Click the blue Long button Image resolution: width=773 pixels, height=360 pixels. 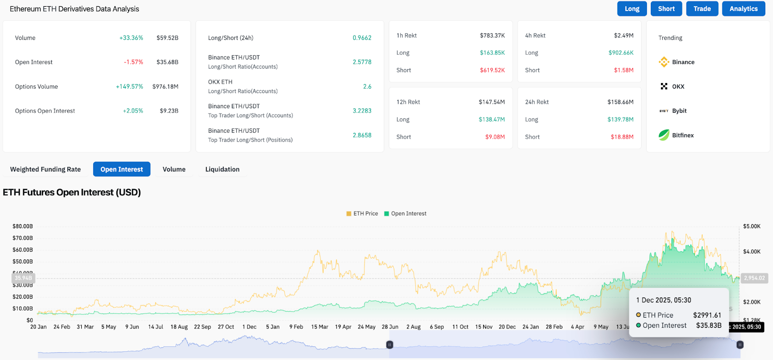[632, 9]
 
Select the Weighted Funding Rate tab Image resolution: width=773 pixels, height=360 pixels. [45, 169]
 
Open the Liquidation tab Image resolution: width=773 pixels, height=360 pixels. [222, 169]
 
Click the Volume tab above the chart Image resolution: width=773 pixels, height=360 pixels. [174, 169]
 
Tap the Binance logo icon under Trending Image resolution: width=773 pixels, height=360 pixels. [664, 62]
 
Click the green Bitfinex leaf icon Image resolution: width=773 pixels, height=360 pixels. [664, 135]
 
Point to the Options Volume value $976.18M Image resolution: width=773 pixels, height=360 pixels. [165, 86]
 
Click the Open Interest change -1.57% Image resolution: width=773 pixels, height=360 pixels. [133, 62]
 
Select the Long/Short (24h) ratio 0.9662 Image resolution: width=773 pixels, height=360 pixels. [362, 38]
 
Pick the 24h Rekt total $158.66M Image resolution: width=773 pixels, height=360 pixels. [620, 102]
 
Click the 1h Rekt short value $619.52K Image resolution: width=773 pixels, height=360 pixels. [492, 70]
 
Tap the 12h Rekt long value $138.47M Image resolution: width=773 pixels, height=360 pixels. [491, 119]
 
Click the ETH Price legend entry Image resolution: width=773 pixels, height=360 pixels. [362, 214]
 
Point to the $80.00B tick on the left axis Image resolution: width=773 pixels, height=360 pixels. [23, 226]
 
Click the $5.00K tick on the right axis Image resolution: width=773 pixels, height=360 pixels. [752, 226]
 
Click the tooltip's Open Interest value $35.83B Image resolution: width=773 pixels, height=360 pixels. [708, 325]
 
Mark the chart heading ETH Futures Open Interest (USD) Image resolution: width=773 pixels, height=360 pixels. [72, 192]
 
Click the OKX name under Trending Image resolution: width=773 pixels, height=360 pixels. [678, 86]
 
